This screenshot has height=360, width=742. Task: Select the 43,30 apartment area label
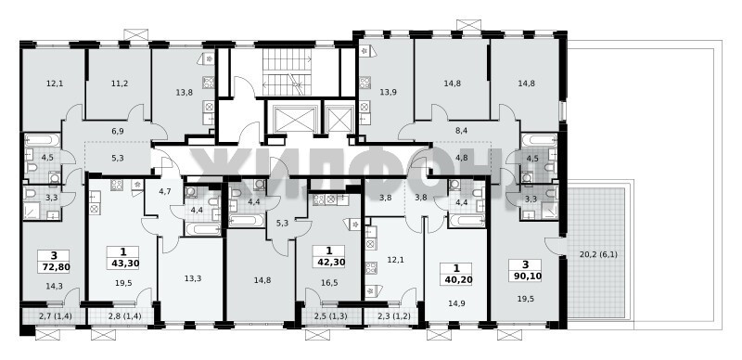[123, 264]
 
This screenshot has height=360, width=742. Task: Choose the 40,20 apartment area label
[456, 279]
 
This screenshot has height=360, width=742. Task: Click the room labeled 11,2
[120, 84]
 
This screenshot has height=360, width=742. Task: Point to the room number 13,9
[388, 93]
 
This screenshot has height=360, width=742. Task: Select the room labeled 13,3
[193, 278]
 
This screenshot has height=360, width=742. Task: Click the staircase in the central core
[287, 72]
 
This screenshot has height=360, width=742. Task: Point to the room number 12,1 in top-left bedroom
[55, 84]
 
